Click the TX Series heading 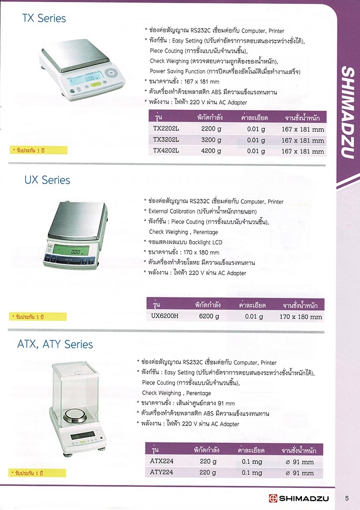[44, 18]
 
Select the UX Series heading [47, 180]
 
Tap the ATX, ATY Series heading [55, 344]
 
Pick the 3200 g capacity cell [211, 140]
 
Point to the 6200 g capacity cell [209, 316]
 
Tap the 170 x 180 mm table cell [301, 317]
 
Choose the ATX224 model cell [162, 462]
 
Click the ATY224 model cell [162, 473]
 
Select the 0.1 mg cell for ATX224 [252, 462]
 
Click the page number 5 [347, 498]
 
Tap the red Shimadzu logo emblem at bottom [273, 498]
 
